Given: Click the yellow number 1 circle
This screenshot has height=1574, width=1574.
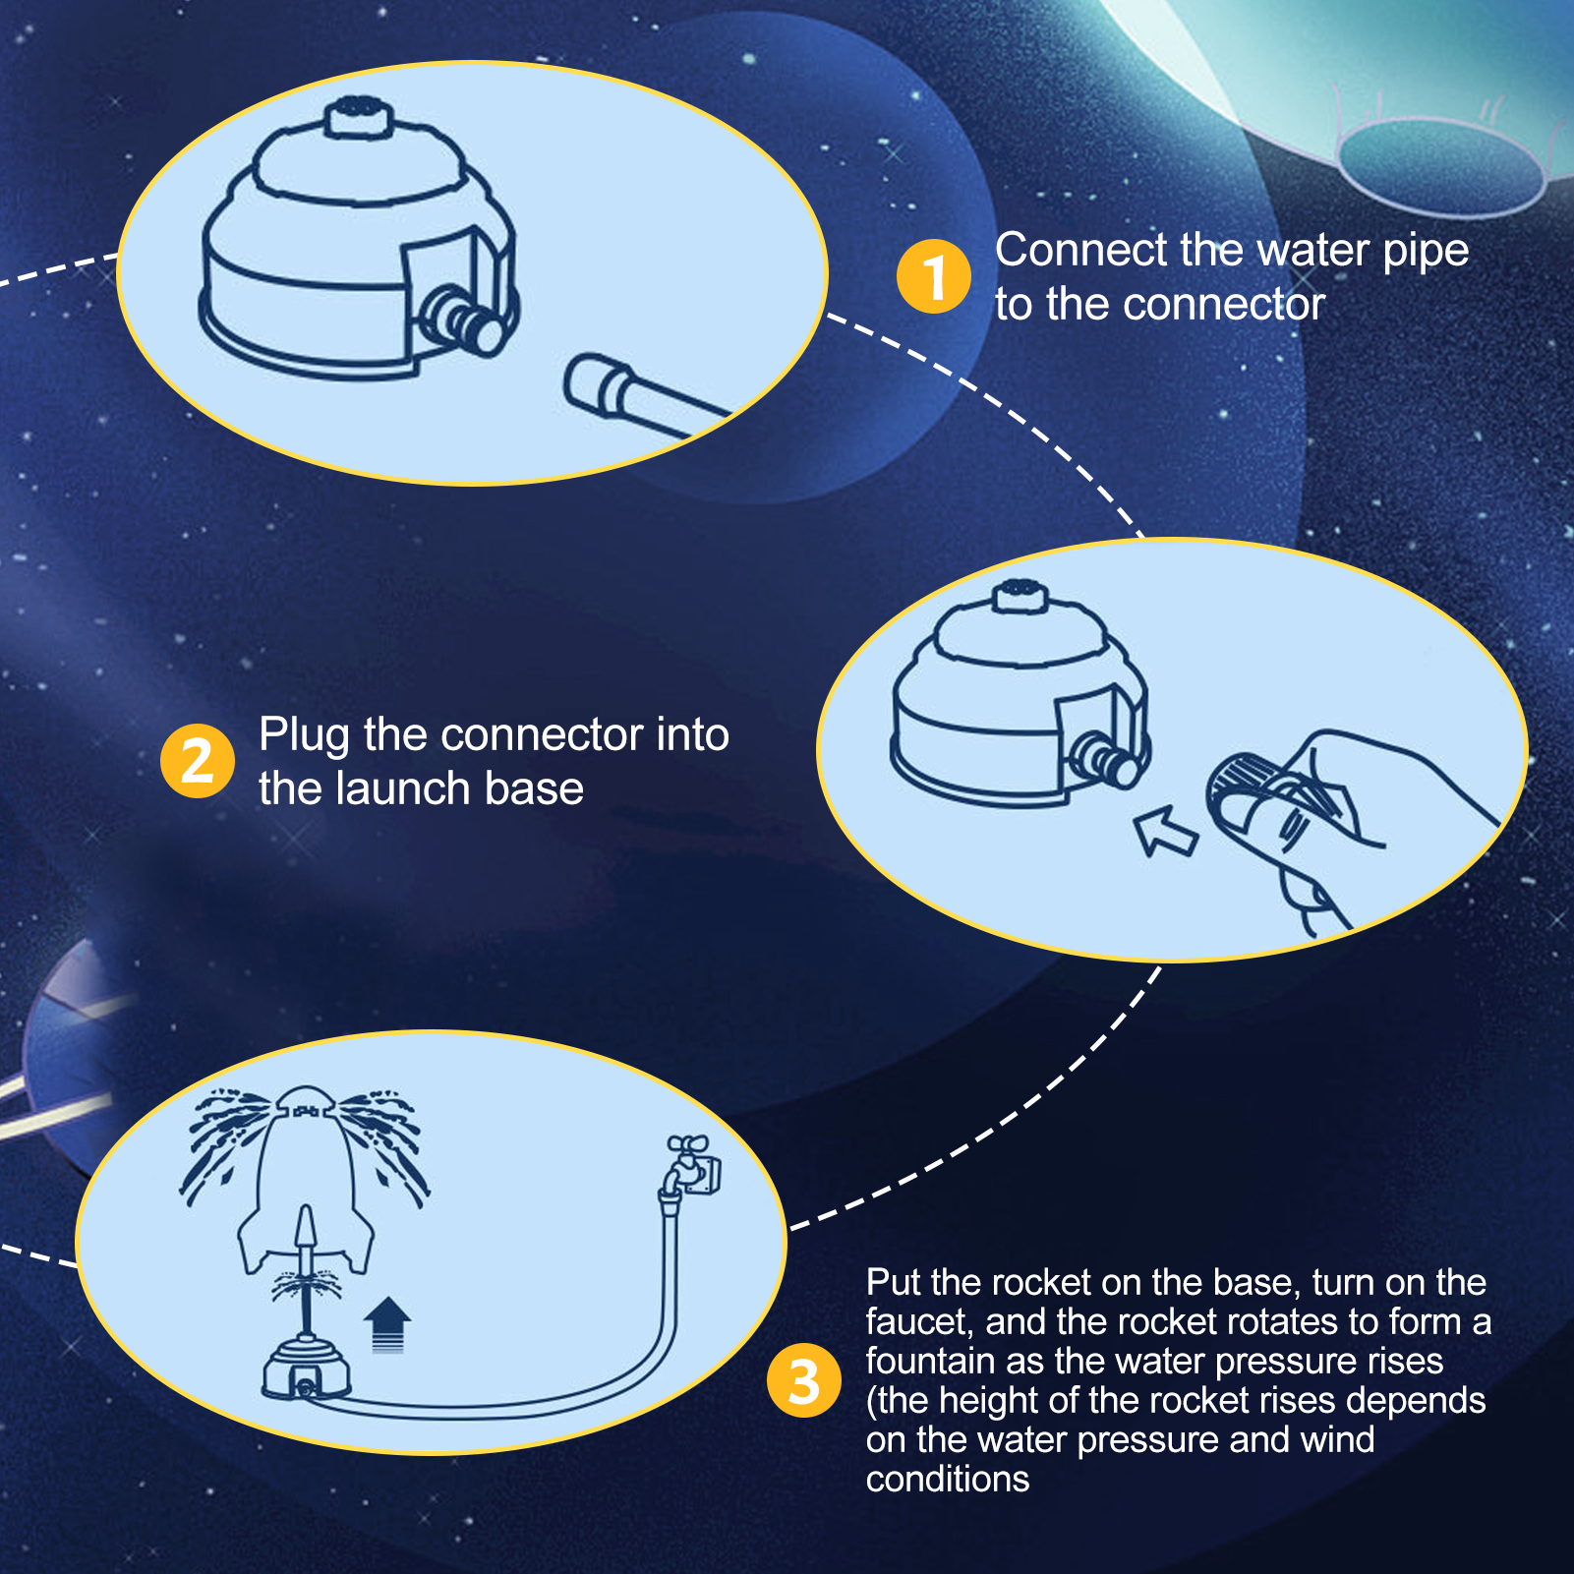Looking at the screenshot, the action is click(x=933, y=276).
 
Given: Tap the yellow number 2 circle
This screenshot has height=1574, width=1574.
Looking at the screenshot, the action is click(x=198, y=761).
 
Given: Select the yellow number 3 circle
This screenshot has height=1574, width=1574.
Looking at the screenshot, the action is click(x=804, y=1380).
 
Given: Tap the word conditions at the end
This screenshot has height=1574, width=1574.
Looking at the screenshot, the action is click(x=948, y=1479).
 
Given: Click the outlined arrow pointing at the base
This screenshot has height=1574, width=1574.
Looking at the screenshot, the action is click(x=1165, y=831).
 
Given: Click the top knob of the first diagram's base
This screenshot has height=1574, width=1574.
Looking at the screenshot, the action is click(x=359, y=119).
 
